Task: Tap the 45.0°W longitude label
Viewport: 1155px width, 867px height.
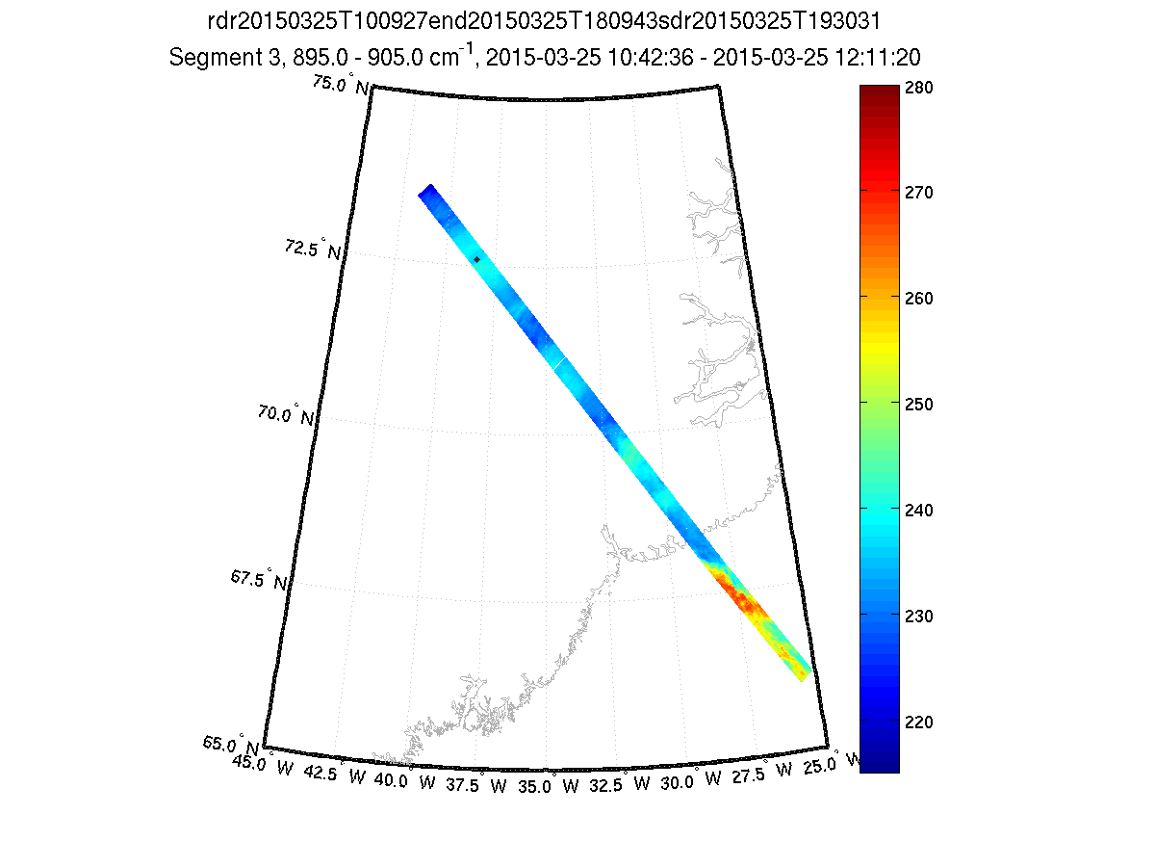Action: (264, 766)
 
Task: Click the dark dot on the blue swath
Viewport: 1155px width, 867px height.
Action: (476, 259)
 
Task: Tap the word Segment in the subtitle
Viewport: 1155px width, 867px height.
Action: (208, 58)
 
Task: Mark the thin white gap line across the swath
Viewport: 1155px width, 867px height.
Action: (557, 362)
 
